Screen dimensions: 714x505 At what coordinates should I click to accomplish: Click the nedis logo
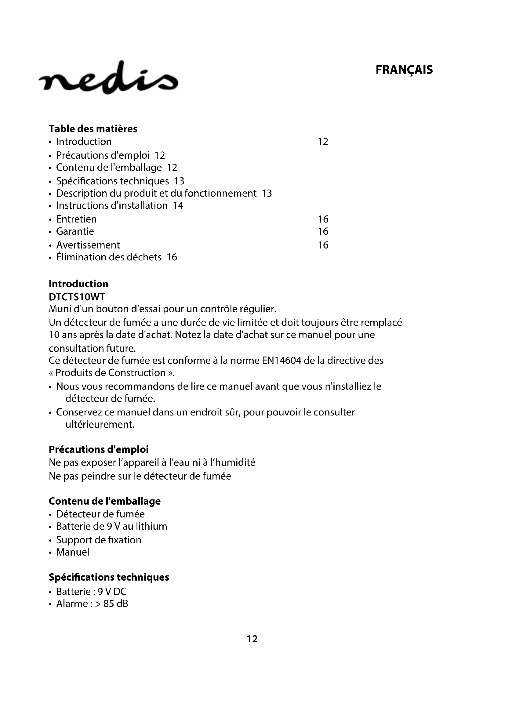(108, 78)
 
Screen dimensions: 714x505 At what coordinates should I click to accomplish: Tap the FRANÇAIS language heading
(404, 70)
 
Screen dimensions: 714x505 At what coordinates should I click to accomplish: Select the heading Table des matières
(93, 129)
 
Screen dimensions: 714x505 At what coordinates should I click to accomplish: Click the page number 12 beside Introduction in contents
(323, 142)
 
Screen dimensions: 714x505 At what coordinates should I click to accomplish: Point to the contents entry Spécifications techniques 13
(120, 181)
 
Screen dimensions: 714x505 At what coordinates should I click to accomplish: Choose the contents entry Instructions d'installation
(112, 205)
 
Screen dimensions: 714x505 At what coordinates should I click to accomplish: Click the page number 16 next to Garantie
(323, 231)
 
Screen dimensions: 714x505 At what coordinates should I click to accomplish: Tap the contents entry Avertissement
(88, 245)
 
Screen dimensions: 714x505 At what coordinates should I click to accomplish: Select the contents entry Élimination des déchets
(109, 257)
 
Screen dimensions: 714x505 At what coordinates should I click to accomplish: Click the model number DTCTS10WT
(77, 297)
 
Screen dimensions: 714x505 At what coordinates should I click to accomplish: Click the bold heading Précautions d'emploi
(99, 449)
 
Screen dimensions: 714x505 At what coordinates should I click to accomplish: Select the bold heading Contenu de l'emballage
(105, 501)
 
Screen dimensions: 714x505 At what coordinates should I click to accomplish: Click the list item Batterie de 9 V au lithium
(112, 527)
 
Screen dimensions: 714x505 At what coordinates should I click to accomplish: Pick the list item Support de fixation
(99, 540)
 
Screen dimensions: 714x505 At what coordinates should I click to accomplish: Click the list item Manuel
(73, 552)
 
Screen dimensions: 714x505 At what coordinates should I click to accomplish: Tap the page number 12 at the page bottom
(252, 639)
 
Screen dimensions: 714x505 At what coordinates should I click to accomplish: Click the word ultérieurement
(100, 425)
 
